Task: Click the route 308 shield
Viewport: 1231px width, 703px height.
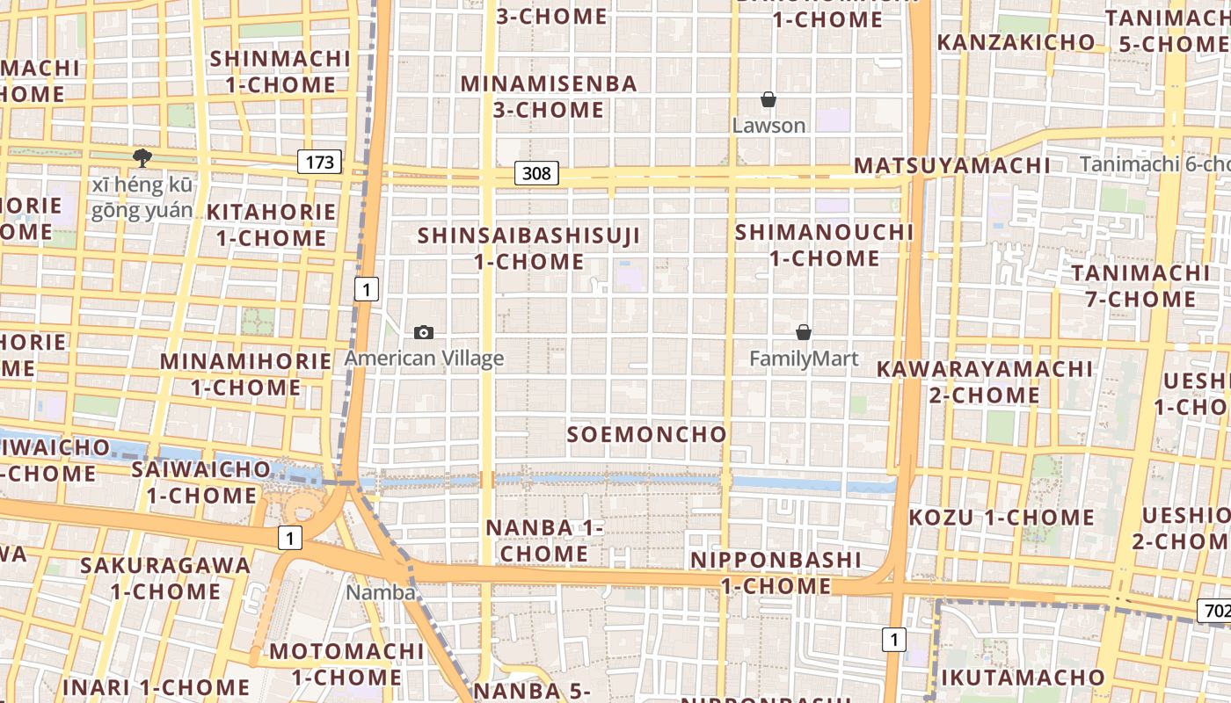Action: (x=536, y=173)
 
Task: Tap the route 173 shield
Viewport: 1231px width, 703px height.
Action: (x=319, y=162)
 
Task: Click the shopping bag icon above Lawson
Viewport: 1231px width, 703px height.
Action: (x=768, y=99)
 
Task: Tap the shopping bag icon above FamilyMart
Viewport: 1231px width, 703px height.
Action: (x=803, y=332)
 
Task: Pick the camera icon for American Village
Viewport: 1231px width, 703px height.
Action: (x=424, y=332)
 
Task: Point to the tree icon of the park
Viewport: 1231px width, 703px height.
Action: (x=142, y=158)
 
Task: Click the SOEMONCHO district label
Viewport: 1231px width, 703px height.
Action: (x=647, y=434)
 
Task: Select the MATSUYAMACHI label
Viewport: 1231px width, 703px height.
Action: (x=952, y=166)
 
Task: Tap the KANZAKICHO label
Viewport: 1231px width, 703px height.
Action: (x=1016, y=42)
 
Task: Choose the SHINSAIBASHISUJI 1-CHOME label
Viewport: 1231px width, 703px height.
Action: (x=528, y=249)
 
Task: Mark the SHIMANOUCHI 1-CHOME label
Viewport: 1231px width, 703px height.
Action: (x=825, y=245)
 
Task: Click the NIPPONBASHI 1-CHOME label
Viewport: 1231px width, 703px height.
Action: (x=776, y=573)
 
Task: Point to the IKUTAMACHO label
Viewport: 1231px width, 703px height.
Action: (x=1023, y=678)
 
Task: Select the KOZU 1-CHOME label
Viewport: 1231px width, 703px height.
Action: (x=1002, y=517)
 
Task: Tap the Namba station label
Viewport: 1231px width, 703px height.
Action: (x=380, y=592)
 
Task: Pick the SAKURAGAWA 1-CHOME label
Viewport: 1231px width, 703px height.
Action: (x=165, y=577)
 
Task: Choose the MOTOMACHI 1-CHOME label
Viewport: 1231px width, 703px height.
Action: (x=346, y=664)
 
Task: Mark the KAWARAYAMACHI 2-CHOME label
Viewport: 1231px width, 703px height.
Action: (x=984, y=381)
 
